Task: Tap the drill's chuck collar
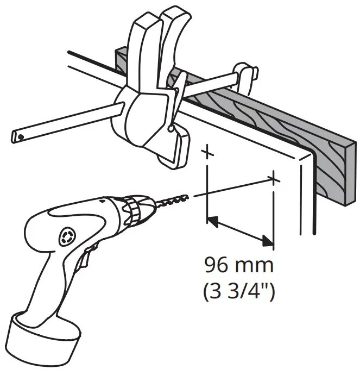133,209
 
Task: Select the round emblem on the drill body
66,236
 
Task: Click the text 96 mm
239,267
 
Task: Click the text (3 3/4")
239,292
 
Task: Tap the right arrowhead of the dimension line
267,240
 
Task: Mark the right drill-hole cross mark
275,178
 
